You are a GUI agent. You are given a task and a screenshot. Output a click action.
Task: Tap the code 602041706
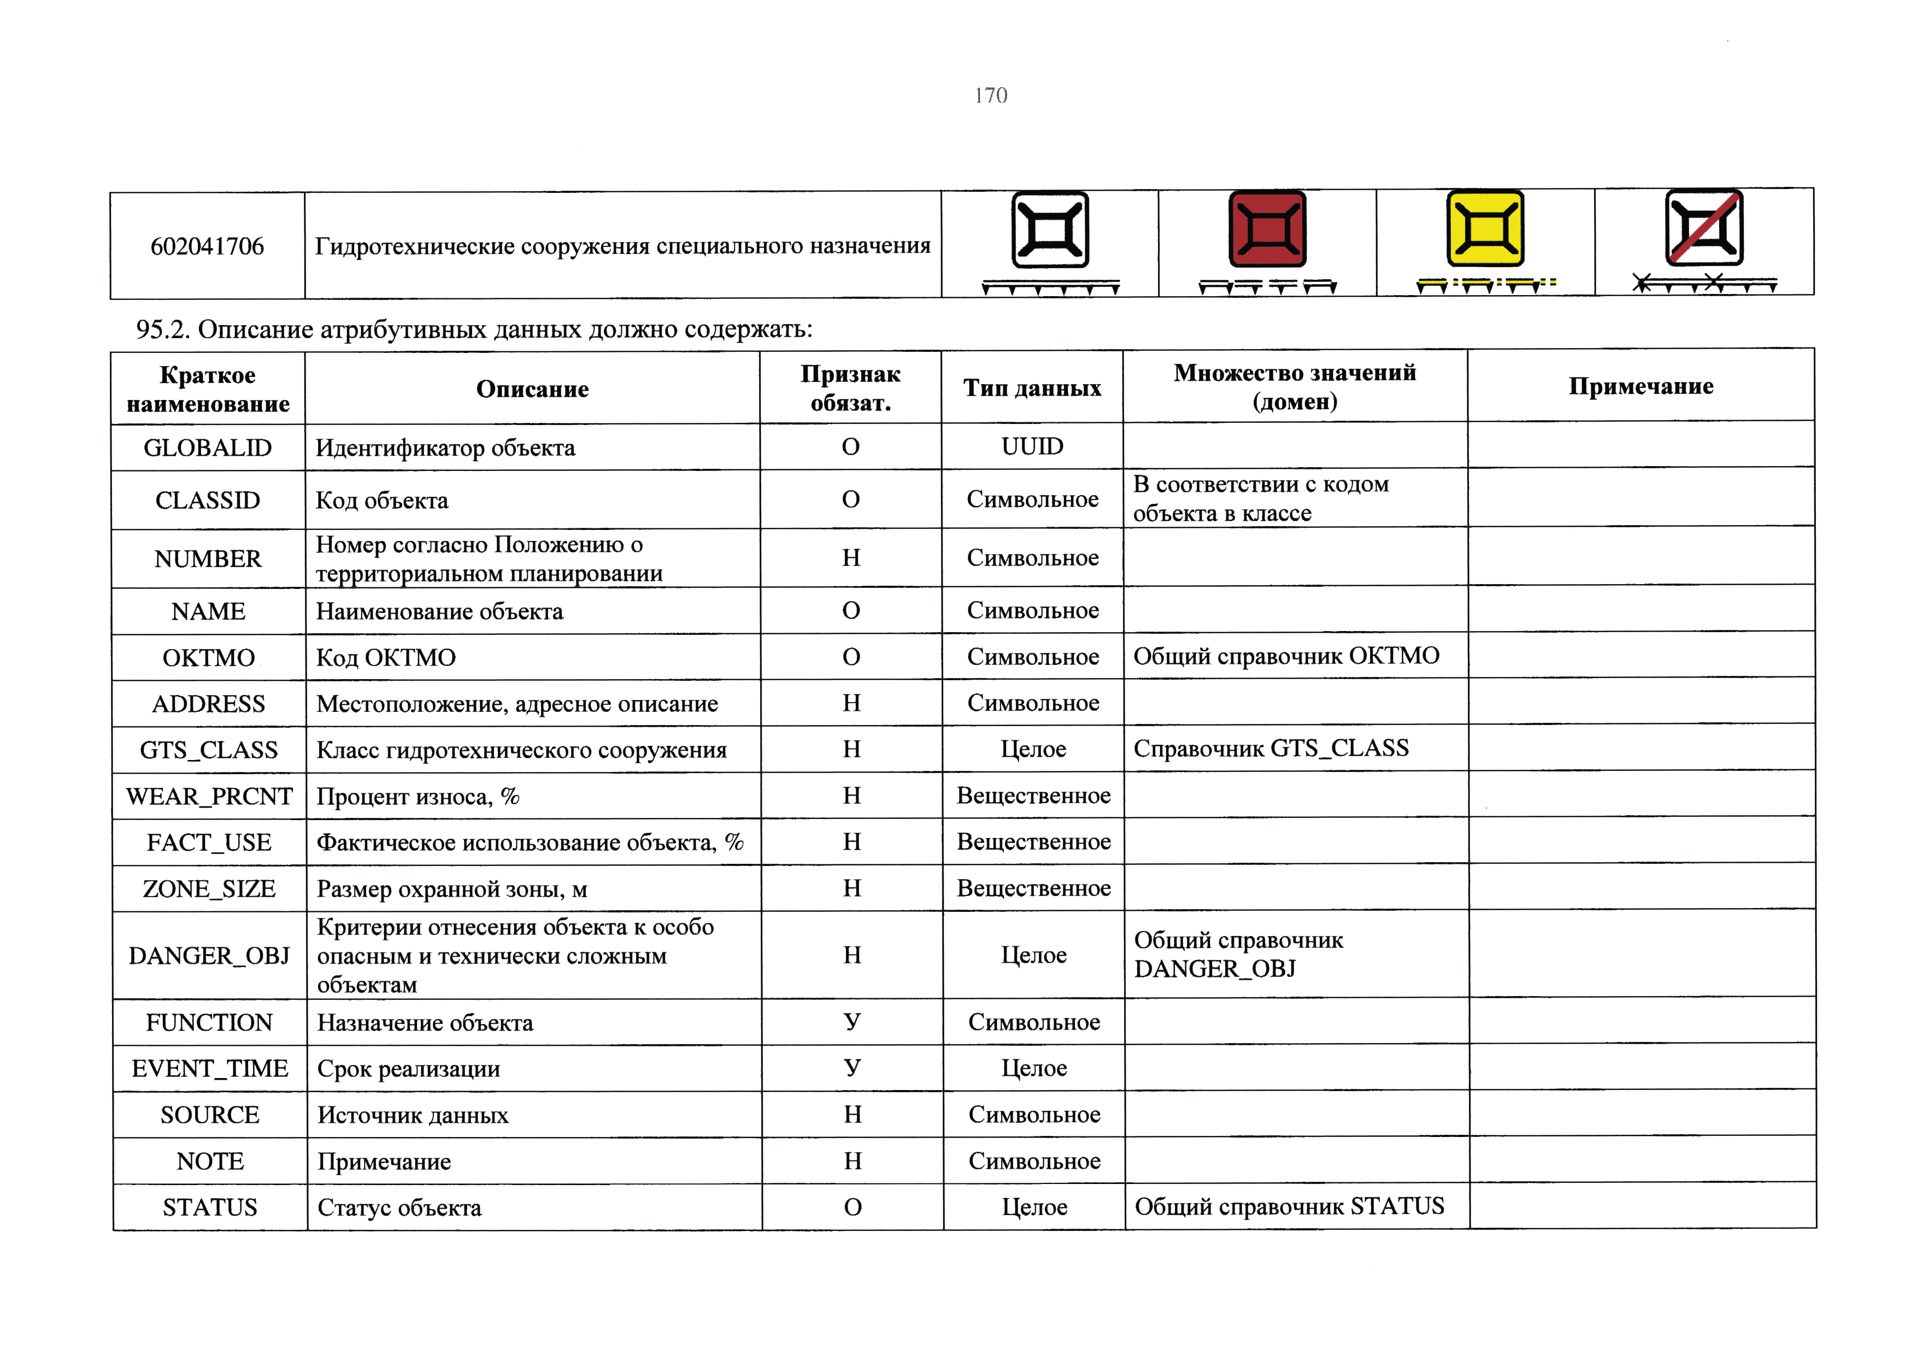(x=207, y=246)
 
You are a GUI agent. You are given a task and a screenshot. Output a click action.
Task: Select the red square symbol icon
(x=1267, y=229)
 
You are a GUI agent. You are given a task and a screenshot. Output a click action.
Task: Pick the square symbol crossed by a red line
(x=1703, y=227)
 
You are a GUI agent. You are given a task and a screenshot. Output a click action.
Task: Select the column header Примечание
(x=1640, y=386)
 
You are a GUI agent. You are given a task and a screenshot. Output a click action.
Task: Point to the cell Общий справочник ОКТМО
(x=1286, y=656)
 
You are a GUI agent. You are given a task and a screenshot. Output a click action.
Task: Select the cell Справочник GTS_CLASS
(x=1271, y=748)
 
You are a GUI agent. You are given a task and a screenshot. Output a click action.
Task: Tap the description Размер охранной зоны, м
(x=452, y=889)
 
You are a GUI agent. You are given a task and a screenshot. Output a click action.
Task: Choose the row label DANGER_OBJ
(x=209, y=955)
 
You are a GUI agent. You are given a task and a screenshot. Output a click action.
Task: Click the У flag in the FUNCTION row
(x=851, y=1022)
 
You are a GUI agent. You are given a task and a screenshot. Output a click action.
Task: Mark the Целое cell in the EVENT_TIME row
(x=1034, y=1069)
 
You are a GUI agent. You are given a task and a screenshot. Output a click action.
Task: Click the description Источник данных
(x=413, y=1115)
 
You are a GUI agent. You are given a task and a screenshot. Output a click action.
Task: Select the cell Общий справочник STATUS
(x=1289, y=1206)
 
